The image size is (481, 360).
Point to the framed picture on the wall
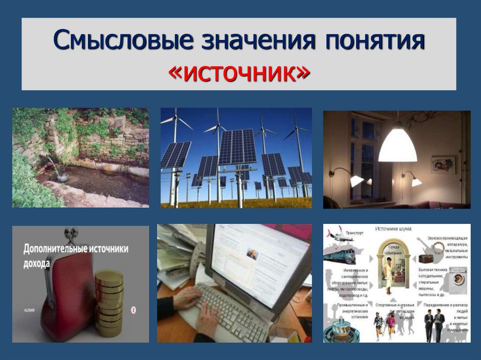pyautogui.click(x=443, y=165)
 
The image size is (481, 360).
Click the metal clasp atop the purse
pyautogui.click(x=71, y=234)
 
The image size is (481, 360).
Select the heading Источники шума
pyautogui.click(x=393, y=229)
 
